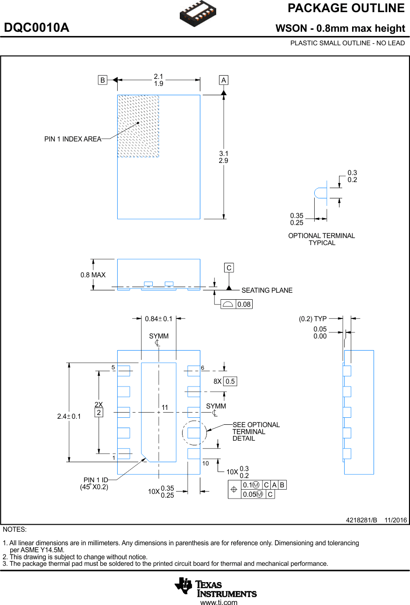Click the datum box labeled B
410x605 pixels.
pos(102,80)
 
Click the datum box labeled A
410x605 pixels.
pos(224,80)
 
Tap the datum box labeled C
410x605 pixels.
pos(229,268)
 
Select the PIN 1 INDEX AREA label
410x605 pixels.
pos(73,139)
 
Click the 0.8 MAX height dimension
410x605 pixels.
pos(93,275)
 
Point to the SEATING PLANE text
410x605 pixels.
pos(267,290)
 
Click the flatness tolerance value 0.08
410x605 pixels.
pos(244,304)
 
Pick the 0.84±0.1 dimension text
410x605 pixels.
pos(158,319)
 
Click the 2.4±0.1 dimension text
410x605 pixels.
pos(69,416)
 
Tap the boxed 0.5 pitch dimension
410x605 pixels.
pos(230,381)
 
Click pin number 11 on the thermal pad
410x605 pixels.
pos(164,408)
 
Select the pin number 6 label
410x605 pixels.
pos(203,368)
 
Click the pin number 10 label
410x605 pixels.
pos(205,463)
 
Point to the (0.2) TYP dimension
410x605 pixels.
pos(312,319)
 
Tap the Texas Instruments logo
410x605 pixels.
pos(216,586)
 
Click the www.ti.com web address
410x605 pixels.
pos(219,602)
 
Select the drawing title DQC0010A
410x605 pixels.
pos(36,28)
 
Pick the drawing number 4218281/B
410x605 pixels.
pos(361,520)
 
